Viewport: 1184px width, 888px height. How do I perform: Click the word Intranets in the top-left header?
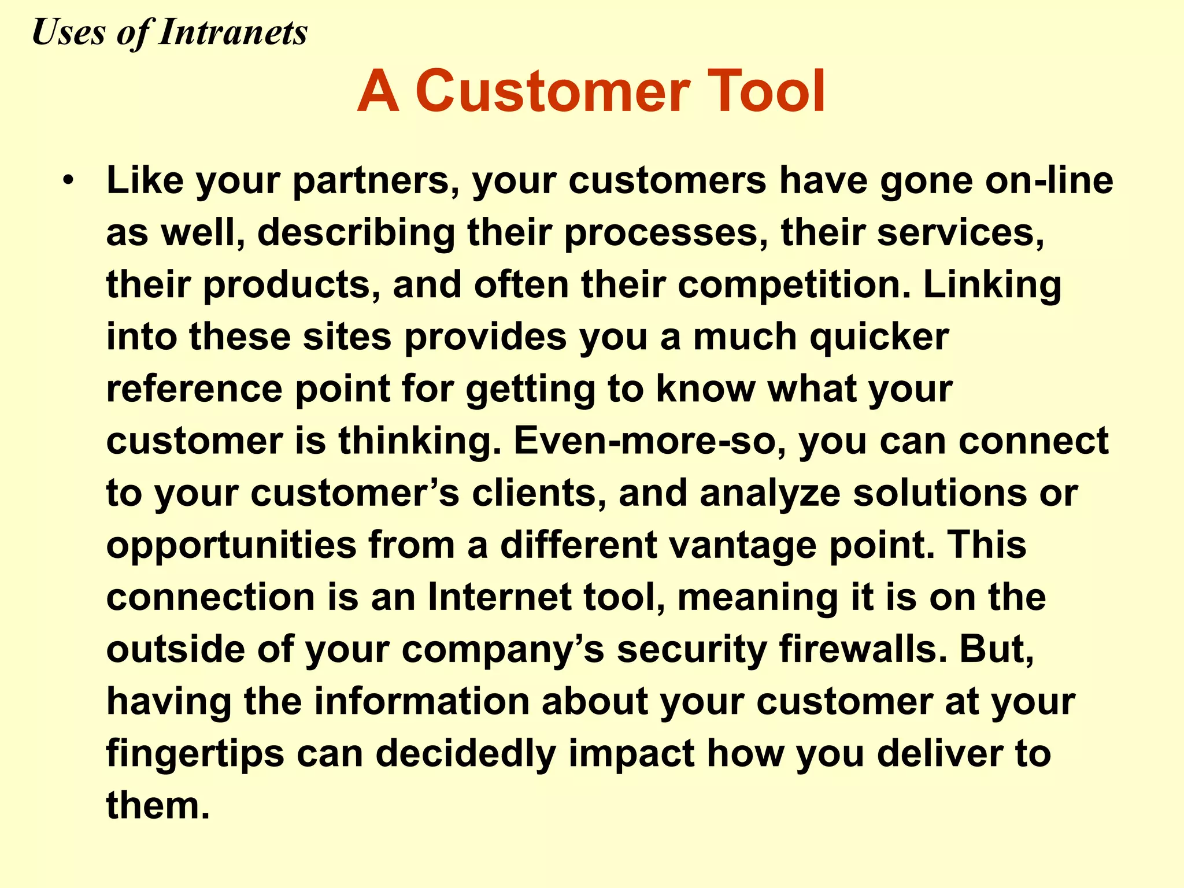[232, 32]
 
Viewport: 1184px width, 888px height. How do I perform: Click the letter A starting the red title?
[378, 91]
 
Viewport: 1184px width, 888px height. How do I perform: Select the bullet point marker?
[69, 180]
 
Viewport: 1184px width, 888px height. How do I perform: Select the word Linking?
[992, 286]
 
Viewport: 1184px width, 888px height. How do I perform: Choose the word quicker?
[879, 338]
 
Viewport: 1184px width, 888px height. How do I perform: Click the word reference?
[194, 388]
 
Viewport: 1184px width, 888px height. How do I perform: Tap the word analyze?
[769, 494]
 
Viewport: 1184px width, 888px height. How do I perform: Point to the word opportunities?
[231, 546]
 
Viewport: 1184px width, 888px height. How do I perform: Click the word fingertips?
[195, 754]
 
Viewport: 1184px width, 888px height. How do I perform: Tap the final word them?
[157, 805]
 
